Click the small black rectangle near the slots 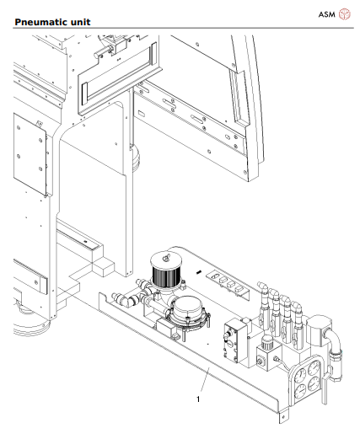(x=199, y=274)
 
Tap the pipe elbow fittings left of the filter (x=131, y=294)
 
